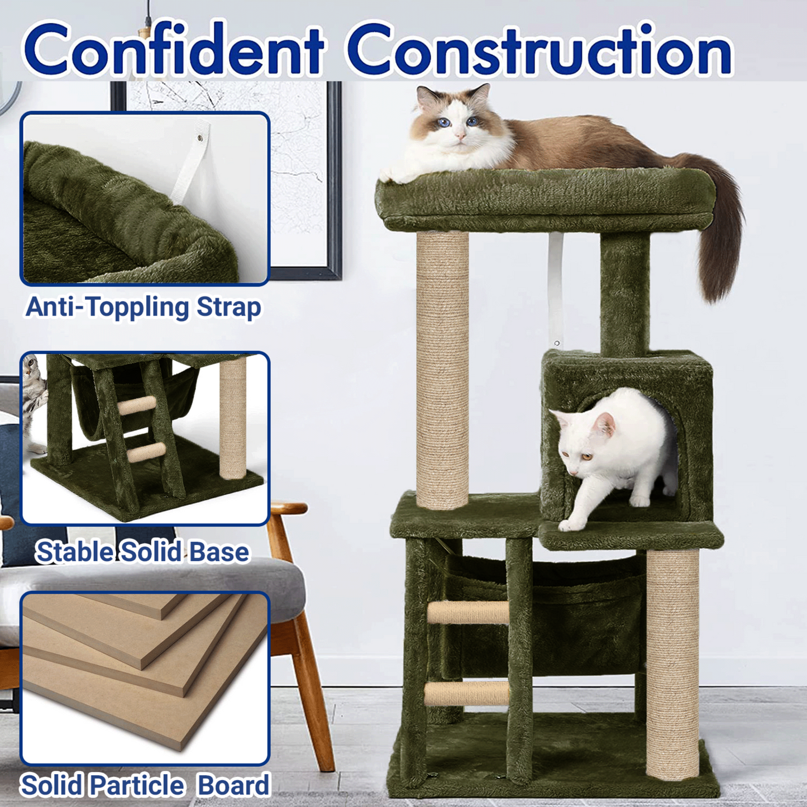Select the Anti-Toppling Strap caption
[144, 308]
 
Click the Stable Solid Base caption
[142, 552]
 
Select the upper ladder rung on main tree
[468, 612]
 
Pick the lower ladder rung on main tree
[467, 693]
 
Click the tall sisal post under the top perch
[442, 371]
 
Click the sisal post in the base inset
[232, 419]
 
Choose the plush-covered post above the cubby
[625, 293]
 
